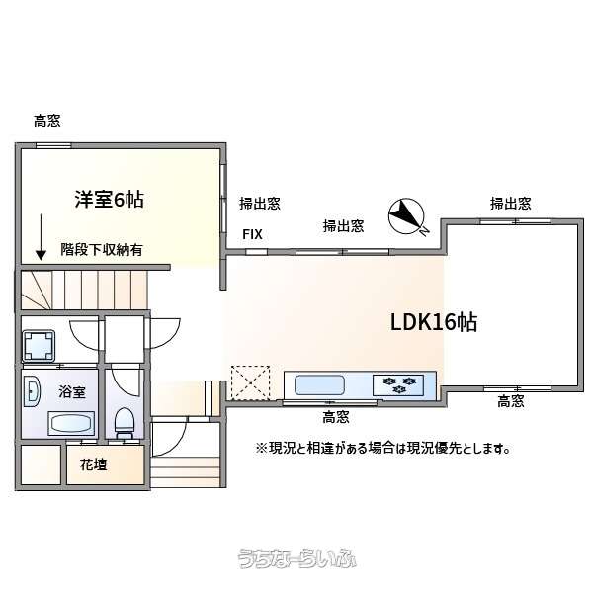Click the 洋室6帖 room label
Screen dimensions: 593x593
[110, 200]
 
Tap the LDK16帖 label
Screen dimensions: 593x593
[434, 322]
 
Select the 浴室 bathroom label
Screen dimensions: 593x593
[72, 392]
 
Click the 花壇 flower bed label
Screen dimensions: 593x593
[94, 465]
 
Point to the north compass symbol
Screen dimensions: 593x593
[407, 216]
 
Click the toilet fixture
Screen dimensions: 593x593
[125, 423]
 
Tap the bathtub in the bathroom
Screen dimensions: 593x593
[71, 423]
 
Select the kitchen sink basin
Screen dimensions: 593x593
[319, 385]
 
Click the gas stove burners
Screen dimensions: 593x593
[398, 385]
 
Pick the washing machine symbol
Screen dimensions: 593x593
[39, 346]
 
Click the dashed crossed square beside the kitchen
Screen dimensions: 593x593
[250, 382]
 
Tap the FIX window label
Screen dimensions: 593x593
[252, 234]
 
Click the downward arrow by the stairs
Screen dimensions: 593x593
[41, 237]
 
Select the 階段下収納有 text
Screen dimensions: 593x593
[102, 250]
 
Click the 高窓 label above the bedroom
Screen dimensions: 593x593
[47, 121]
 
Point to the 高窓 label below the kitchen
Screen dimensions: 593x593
[335, 417]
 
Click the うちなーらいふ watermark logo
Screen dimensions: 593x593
[296, 558]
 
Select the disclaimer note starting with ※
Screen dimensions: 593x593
[383, 449]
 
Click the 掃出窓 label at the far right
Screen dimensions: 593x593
[511, 204]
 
